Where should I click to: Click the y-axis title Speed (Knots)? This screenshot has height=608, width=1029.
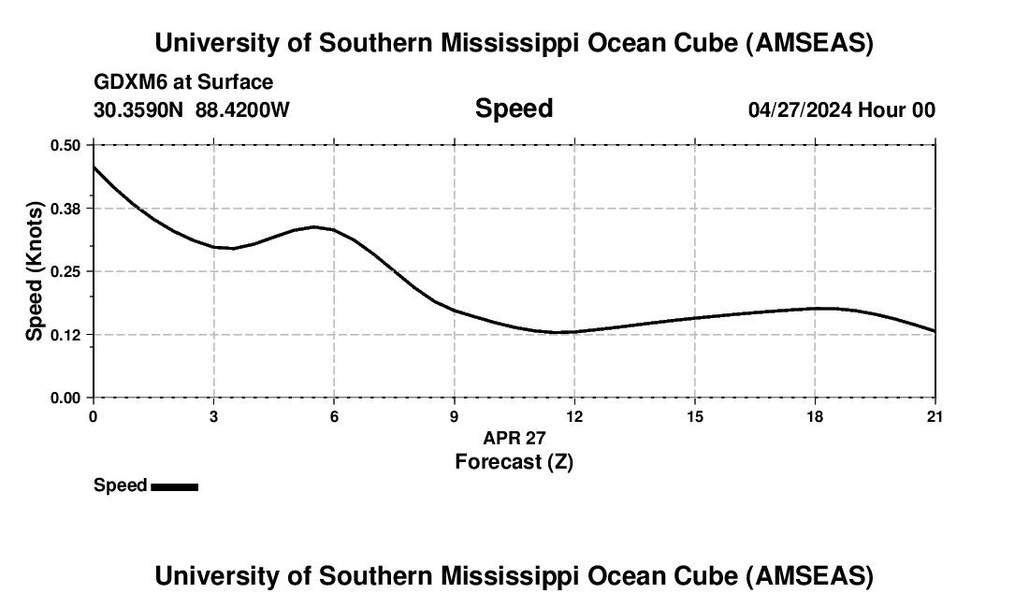click(x=35, y=271)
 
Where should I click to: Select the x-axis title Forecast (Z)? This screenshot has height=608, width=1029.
click(x=514, y=461)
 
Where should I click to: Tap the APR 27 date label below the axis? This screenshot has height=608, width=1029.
click(x=514, y=438)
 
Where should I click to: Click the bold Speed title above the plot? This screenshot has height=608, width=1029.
click(x=514, y=109)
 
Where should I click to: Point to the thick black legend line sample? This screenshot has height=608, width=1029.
click(x=174, y=486)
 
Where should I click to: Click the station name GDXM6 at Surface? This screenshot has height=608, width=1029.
click(x=183, y=82)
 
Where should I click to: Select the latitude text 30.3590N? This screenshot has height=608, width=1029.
click(x=139, y=109)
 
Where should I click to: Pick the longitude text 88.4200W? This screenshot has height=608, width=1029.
click(x=242, y=109)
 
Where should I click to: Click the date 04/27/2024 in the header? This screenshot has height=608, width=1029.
click(x=800, y=109)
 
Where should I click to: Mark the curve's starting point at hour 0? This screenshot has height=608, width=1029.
click(x=94, y=166)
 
